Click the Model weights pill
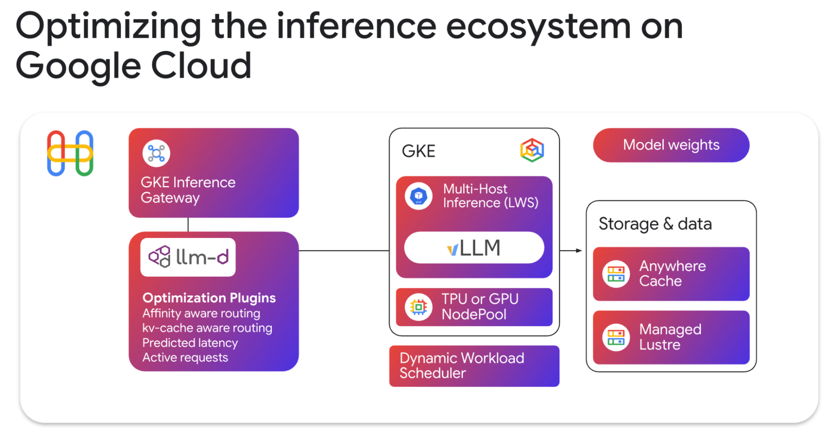tap(671, 145)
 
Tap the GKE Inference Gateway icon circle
tap(156, 154)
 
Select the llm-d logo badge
tap(188, 257)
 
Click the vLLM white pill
tap(474, 248)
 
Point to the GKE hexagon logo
tap(532, 150)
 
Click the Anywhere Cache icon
tap(616, 274)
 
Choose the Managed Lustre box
tap(671, 337)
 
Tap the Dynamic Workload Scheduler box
tap(474, 366)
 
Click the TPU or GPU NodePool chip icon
tap(418, 307)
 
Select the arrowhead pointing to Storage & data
tap(579, 250)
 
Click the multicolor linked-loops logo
tap(70, 154)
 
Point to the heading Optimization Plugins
tap(209, 298)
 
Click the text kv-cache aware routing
tap(207, 328)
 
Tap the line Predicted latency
tap(190, 343)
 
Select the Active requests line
tap(185, 357)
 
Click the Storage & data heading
tap(655, 224)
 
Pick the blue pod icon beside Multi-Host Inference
tap(418, 196)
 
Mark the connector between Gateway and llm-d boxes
tap(188, 224)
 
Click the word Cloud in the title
tap(201, 66)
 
